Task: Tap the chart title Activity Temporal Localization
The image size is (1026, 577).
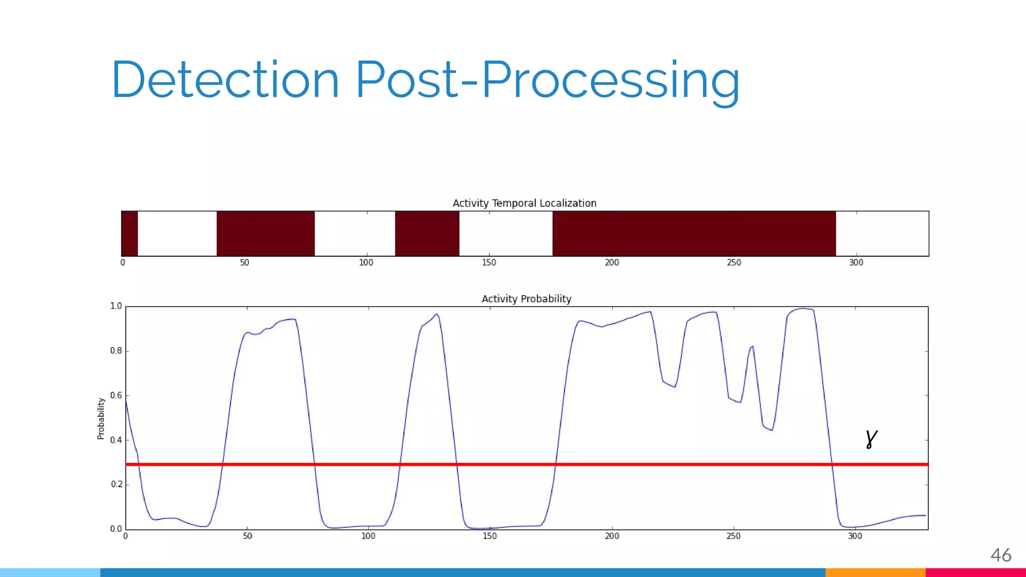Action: [525, 203]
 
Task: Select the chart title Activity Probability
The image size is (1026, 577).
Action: [527, 299]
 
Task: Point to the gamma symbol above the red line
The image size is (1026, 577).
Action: [871, 439]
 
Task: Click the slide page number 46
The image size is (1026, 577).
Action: [1001, 555]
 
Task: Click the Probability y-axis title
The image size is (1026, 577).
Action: [101, 419]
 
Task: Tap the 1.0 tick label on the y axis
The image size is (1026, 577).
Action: [116, 306]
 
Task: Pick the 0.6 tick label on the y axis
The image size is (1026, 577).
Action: [116, 396]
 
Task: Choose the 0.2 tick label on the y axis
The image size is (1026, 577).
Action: [116, 484]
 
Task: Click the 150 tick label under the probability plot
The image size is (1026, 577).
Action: [489, 536]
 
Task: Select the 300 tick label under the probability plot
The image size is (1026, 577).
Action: [855, 536]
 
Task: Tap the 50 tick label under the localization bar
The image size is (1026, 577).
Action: [244, 262]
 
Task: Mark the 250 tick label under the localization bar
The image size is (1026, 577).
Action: [734, 262]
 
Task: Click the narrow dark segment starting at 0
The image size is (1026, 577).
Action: [129, 233]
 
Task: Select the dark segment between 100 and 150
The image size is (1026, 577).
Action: [427, 233]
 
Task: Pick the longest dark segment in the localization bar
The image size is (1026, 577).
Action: [694, 233]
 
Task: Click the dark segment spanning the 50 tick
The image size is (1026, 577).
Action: [266, 233]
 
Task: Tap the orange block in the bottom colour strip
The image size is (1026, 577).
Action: [875, 572]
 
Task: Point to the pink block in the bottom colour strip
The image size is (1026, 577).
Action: [975, 572]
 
